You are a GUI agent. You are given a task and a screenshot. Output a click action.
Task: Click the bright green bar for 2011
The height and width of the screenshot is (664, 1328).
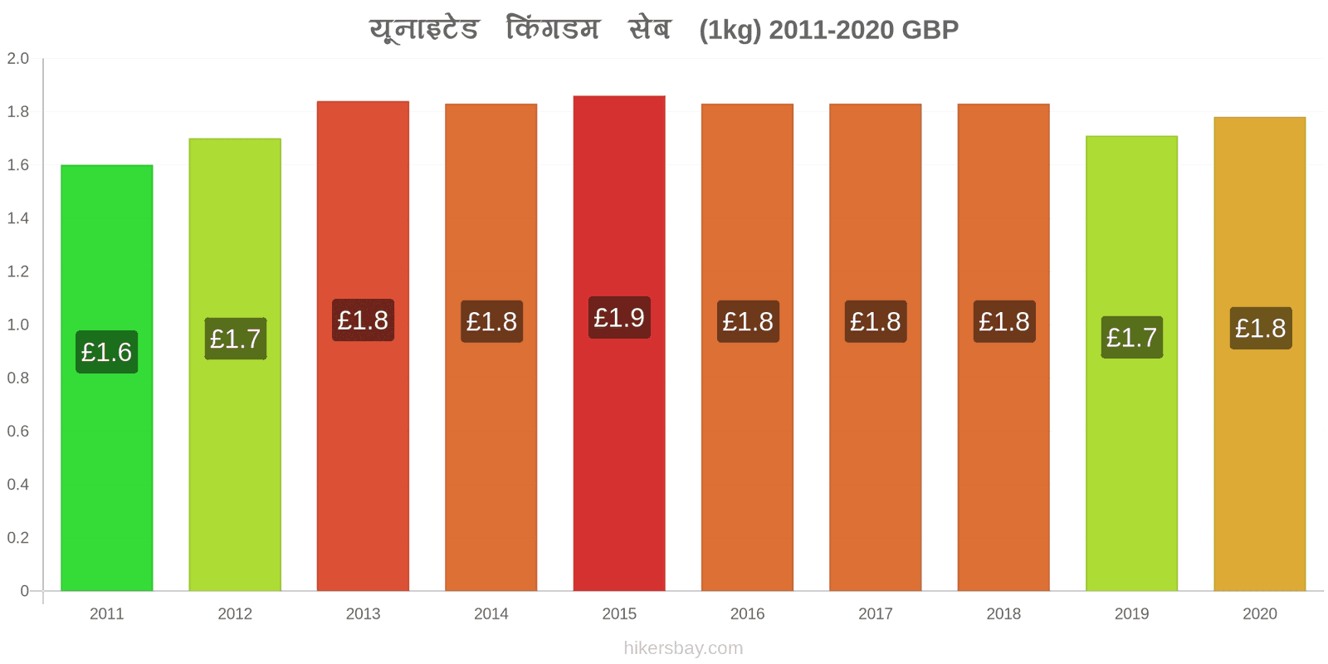tap(106, 465)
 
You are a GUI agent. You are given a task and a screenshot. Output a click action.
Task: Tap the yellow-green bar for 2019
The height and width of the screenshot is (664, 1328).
tap(1131, 465)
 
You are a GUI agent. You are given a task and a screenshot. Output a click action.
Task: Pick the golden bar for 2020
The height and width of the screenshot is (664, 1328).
tap(1259, 465)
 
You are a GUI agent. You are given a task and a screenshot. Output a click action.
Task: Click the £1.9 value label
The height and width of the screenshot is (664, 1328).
tap(619, 318)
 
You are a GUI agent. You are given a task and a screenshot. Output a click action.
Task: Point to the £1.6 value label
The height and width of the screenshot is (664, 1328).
tap(106, 352)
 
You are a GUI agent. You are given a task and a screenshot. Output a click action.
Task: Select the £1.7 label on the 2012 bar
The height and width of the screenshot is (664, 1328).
tap(235, 339)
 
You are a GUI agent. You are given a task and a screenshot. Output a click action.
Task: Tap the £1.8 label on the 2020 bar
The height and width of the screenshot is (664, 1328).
tap(1260, 329)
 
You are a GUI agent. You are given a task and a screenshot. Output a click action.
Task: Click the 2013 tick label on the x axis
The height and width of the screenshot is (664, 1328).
tap(363, 613)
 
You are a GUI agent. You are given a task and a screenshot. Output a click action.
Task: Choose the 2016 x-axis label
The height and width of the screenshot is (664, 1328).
tap(747, 613)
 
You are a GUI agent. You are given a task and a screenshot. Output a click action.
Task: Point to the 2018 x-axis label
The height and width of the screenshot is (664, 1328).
tap(1003, 613)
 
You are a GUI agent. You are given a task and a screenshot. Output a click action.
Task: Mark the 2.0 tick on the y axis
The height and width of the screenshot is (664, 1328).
tap(18, 59)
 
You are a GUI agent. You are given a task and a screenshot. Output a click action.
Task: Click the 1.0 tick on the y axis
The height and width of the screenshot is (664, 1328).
tap(18, 325)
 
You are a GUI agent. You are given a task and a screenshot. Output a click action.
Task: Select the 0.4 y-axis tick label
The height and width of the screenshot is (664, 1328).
tap(18, 484)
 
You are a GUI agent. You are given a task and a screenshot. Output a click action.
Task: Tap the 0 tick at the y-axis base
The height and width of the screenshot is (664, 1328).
tap(24, 591)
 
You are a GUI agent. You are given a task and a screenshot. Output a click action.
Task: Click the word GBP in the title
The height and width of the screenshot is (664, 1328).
tap(930, 30)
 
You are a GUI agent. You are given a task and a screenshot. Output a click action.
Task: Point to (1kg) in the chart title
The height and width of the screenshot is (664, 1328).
tap(730, 30)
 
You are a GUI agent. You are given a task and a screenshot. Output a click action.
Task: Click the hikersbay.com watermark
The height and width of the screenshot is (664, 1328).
tap(683, 648)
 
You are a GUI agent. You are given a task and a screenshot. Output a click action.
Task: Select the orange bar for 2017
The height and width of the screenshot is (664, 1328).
tap(875, 465)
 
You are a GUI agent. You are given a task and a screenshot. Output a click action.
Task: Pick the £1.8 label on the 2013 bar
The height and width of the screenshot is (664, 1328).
tap(363, 320)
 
